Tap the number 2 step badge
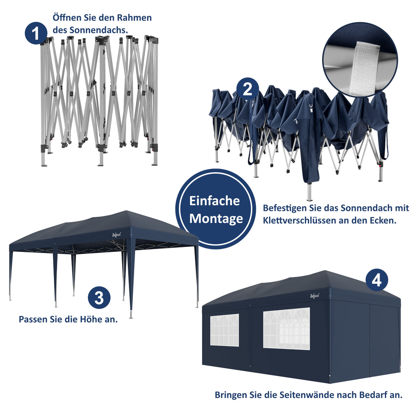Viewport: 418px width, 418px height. (x=248, y=89)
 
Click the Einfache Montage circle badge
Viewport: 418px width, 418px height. (x=216, y=209)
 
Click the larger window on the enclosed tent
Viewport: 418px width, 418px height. (x=286, y=329)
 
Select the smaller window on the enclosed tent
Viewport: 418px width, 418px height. (x=224, y=330)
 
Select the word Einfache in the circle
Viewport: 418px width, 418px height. (x=215, y=201)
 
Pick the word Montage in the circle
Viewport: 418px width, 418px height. (x=216, y=219)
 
